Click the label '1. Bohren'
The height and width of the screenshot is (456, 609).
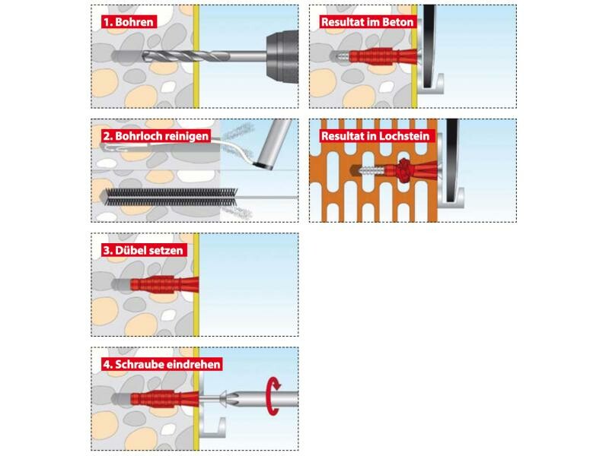click(x=129, y=22)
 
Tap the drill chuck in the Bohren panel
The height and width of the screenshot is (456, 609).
click(x=282, y=56)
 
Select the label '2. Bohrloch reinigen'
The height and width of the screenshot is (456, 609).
click(x=156, y=136)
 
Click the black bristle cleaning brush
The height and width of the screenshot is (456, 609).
click(x=171, y=197)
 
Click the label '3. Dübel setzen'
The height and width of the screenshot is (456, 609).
click(x=144, y=250)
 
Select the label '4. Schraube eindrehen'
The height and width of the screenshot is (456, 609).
click(x=161, y=364)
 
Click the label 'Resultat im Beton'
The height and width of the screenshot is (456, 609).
click(x=367, y=22)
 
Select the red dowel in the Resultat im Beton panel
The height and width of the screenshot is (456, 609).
click(x=381, y=56)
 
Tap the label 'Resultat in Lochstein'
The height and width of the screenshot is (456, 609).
click(x=375, y=136)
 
